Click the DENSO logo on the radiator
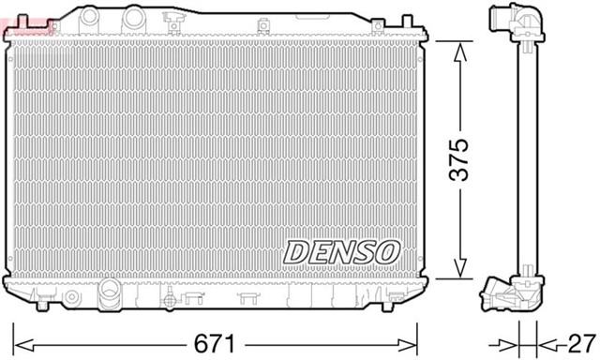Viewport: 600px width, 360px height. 342,251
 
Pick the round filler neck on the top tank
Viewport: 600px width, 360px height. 134,17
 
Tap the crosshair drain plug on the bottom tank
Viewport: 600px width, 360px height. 169,300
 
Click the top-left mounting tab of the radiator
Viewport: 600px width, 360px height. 11,37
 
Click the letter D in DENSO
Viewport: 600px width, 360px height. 294,251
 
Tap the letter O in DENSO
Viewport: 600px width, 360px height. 388,251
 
